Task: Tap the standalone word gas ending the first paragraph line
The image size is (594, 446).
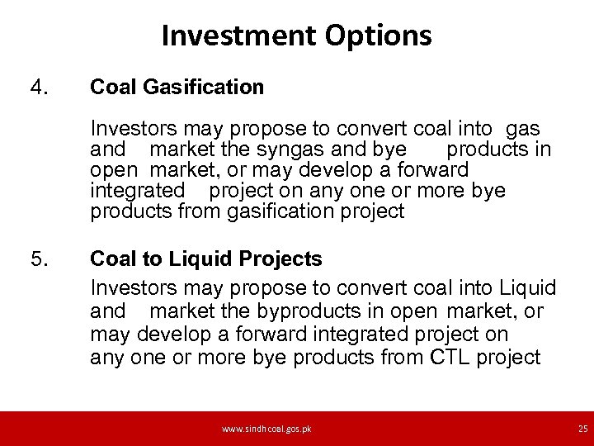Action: click(x=523, y=129)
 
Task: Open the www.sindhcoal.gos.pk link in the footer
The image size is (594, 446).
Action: click(x=266, y=429)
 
